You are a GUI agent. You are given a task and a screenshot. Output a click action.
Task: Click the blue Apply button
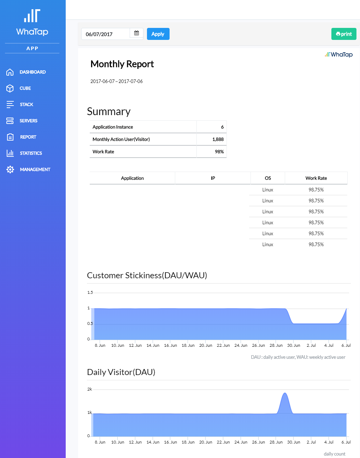158,34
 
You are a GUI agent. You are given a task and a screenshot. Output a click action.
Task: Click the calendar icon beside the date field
136,33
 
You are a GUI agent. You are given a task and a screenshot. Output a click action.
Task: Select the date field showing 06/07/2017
106,34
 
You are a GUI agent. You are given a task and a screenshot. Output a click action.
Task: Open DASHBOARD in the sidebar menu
33,72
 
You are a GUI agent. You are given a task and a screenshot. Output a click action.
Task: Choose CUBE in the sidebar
25,88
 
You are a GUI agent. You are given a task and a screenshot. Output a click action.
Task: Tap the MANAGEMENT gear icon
10,169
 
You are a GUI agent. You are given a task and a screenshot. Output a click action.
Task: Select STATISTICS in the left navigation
31,153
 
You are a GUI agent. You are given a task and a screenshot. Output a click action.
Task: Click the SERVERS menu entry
29,121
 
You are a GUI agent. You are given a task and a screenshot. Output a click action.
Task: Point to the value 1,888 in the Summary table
218,139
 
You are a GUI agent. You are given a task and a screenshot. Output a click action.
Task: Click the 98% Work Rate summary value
219,152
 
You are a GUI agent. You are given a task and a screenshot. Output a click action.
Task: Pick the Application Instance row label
113,127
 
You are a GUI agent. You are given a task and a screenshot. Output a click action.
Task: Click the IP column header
213,178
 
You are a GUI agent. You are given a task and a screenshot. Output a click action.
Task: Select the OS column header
268,178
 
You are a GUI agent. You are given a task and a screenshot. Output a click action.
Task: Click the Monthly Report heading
122,64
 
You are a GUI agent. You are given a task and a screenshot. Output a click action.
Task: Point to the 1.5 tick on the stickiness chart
90,292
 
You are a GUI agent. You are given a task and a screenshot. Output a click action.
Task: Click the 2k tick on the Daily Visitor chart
90,389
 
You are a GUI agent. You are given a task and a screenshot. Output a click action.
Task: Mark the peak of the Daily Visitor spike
285,393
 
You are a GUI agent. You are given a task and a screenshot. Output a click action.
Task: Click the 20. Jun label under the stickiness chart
206,345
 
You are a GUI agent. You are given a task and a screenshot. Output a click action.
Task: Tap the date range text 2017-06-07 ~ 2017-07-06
117,81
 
